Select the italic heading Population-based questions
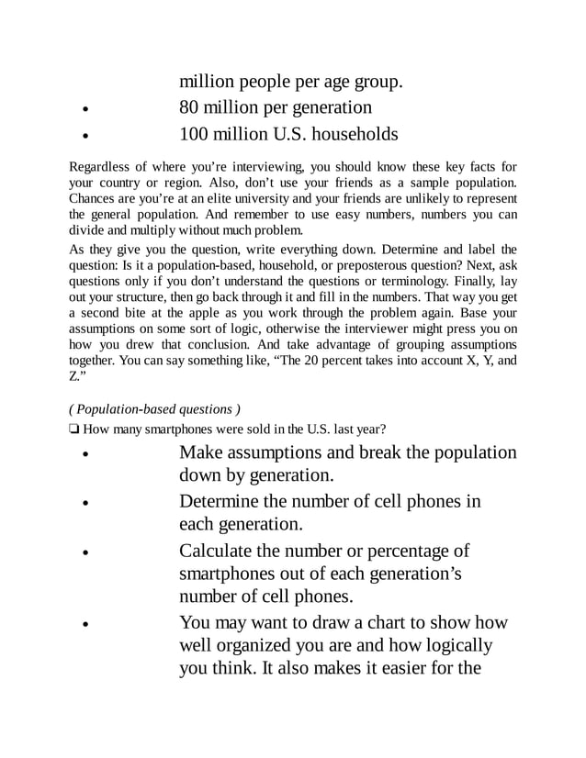click(x=155, y=408)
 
